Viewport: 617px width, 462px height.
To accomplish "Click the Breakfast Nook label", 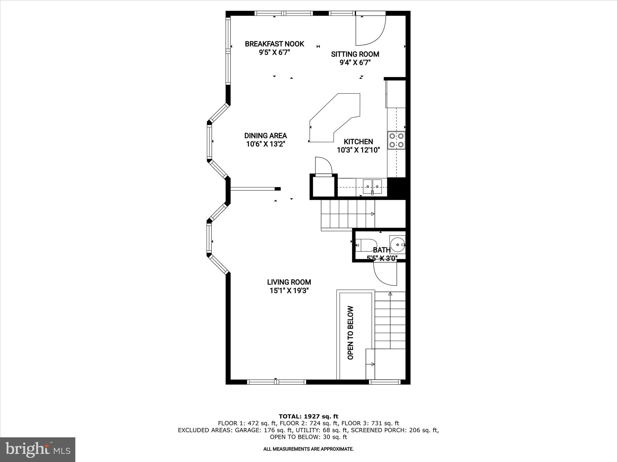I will click(x=274, y=44).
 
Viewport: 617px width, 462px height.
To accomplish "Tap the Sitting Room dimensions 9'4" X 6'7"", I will click(x=355, y=63).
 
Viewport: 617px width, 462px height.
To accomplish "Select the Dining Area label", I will click(x=265, y=136).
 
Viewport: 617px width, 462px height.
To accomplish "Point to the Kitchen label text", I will click(x=358, y=142).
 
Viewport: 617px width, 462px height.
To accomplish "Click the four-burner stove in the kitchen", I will click(x=396, y=140).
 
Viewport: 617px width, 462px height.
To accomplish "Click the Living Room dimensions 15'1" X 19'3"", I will click(x=289, y=291).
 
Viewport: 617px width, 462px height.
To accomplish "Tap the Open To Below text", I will click(x=350, y=333).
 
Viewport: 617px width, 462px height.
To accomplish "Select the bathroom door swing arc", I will click(x=385, y=274).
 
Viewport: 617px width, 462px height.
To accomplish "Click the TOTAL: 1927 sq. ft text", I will click(x=308, y=417).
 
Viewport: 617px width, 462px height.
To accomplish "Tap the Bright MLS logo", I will click(x=38, y=449).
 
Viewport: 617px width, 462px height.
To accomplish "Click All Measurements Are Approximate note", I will click(x=308, y=449).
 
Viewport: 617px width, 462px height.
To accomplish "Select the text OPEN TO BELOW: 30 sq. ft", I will click(x=308, y=437).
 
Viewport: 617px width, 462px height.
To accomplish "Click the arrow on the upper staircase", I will click(x=372, y=214).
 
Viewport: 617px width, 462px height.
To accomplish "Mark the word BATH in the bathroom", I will click(x=382, y=250).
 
